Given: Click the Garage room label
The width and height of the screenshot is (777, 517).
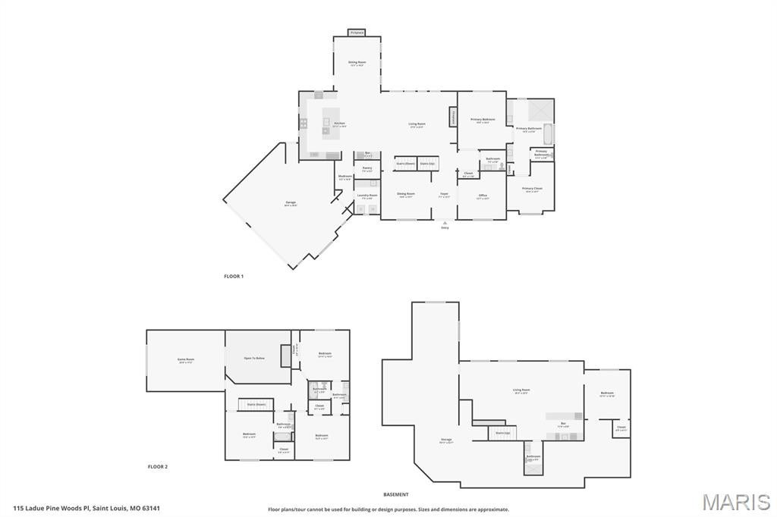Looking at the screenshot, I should click(291, 202).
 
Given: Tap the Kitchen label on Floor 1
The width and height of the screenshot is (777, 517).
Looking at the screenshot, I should click(339, 124).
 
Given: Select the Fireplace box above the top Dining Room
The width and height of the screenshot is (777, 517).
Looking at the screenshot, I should click(357, 33).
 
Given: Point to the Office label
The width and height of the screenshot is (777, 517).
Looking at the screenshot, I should click(483, 196).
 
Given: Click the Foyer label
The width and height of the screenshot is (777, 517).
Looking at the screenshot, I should click(445, 193).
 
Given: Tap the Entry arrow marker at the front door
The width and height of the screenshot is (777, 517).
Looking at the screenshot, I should click(445, 224).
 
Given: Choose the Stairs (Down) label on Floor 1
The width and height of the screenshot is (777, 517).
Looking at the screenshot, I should click(405, 163).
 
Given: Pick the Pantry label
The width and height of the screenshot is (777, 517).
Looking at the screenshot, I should click(366, 168).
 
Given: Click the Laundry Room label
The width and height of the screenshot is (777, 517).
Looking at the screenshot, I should click(367, 196).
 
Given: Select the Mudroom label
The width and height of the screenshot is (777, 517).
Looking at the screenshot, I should click(345, 177).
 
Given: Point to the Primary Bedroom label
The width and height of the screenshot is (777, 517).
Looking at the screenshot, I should click(483, 119).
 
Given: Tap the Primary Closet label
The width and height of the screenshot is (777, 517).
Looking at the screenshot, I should click(532, 188).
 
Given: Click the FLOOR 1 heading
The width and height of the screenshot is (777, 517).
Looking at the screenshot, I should click(234, 277).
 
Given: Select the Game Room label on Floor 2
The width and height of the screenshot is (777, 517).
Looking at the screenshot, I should click(185, 359).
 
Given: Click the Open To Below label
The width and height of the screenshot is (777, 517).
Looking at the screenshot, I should click(254, 358).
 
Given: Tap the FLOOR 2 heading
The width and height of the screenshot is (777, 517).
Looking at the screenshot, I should click(158, 467).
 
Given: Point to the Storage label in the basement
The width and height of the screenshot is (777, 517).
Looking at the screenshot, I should click(446, 440).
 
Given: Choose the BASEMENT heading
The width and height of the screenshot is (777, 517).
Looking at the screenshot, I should click(395, 494).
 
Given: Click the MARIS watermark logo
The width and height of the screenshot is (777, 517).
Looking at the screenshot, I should click(735, 502).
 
